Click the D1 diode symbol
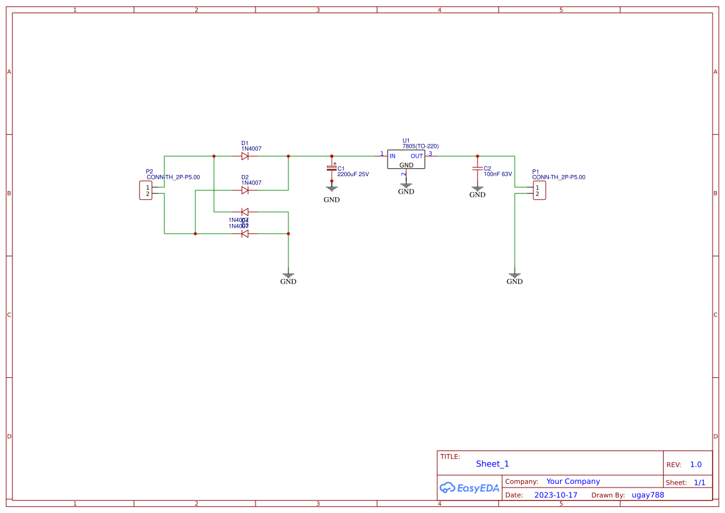[245, 156]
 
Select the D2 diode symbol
[245, 190]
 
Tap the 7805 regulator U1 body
[406, 159]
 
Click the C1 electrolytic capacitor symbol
[332, 168]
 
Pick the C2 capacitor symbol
[478, 168]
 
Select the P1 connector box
[539, 190]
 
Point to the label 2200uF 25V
[353, 174]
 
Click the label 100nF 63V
[498, 174]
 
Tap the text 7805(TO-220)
[420, 146]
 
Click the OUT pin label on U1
[417, 156]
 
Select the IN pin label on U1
[393, 156]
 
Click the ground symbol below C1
[332, 188]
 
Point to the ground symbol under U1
[406, 184]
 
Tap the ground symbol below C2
[478, 188]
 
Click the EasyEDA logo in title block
[469, 488]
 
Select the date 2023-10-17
[556, 495]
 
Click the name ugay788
[647, 495]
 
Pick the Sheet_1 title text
[492, 464]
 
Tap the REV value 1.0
[696, 465]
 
